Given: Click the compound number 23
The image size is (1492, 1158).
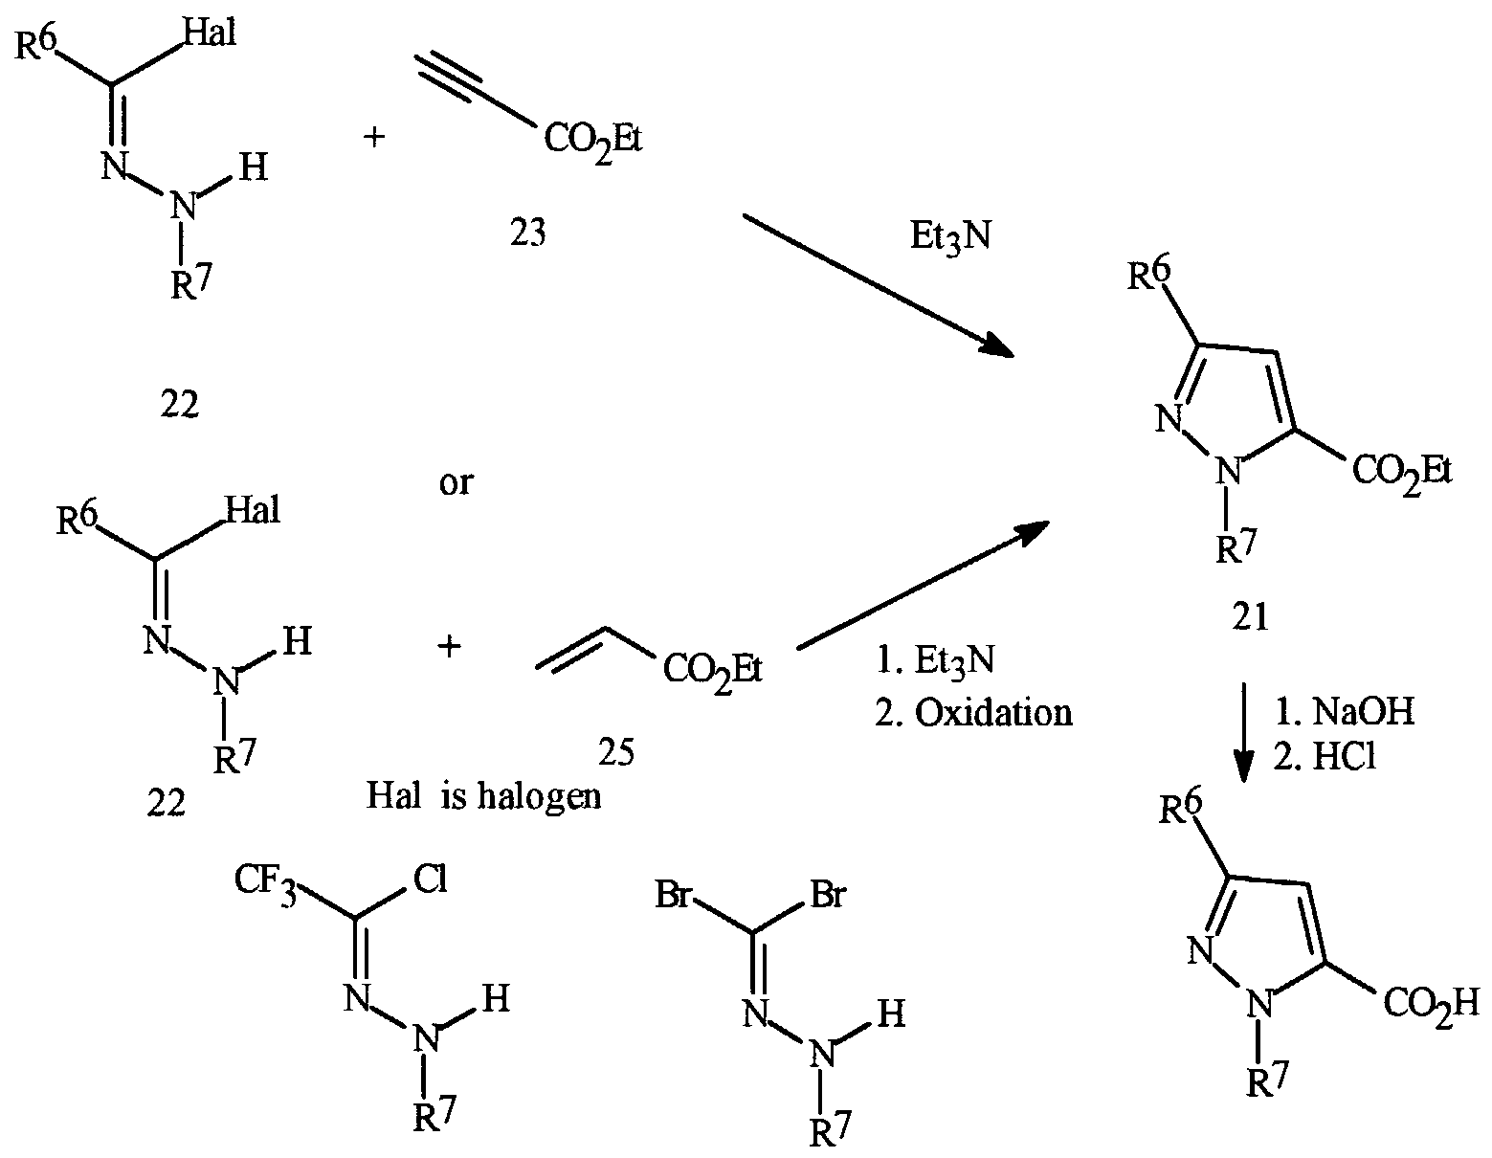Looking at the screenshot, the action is tap(527, 233).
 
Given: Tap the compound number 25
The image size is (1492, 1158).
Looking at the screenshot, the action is tap(616, 752).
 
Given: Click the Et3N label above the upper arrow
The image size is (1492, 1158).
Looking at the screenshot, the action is tap(951, 237).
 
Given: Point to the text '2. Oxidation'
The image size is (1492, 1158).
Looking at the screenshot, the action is tap(973, 714).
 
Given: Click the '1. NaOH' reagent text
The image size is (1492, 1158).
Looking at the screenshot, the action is tap(1344, 711).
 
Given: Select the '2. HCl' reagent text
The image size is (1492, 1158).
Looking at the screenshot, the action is tap(1325, 757).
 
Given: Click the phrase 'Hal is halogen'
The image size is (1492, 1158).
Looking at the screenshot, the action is tap(484, 796).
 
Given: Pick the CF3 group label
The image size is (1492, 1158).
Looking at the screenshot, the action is tap(266, 880).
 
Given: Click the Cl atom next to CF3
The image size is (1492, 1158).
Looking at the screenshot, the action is tap(431, 878).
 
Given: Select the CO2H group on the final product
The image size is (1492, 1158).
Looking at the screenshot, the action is tap(1431, 1005).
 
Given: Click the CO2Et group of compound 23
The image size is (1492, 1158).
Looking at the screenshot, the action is tap(593, 140).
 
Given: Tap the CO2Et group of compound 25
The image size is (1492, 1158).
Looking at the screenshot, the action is tap(713, 670).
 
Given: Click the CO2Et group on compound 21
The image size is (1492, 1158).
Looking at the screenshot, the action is tap(1402, 472).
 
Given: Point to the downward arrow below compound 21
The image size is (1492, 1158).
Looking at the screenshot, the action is tap(1243, 732).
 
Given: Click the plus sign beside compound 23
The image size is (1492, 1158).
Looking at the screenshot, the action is tap(374, 137).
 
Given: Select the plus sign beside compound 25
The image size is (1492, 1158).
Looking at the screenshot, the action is tap(449, 647).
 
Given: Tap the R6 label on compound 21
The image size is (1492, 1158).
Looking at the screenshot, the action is tap(1149, 276).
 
